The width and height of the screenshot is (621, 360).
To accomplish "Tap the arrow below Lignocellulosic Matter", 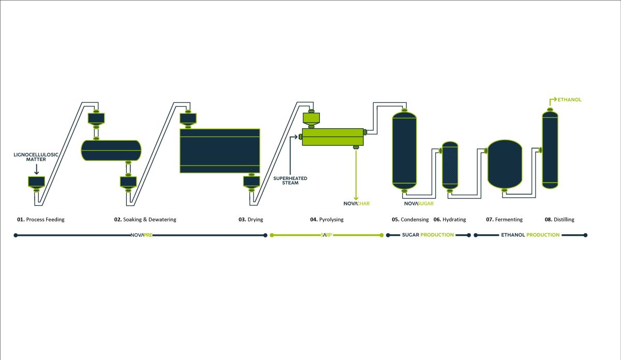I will pyautogui.click(x=36, y=169).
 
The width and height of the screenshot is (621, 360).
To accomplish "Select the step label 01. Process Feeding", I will pyautogui.click(x=40, y=220).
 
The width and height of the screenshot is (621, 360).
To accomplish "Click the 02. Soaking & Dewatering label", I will pyautogui.click(x=145, y=220).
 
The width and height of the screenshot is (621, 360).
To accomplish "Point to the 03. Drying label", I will pyautogui.click(x=250, y=220).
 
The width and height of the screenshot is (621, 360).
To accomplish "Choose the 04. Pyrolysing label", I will pyautogui.click(x=327, y=220).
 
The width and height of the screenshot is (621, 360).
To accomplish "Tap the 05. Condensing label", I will pyautogui.click(x=410, y=220).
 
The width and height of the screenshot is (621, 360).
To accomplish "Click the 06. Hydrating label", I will pyautogui.click(x=450, y=220).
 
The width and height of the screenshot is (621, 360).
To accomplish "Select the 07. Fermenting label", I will pyautogui.click(x=504, y=220).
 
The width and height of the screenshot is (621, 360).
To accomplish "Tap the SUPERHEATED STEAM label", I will pyautogui.click(x=290, y=181).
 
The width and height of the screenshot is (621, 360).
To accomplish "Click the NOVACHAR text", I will pyautogui.click(x=357, y=203).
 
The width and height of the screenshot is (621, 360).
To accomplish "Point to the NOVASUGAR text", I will pyautogui.click(x=418, y=203).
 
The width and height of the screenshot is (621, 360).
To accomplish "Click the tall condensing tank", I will pyautogui.click(x=404, y=150).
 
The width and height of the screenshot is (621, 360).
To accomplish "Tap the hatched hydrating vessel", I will pyautogui.click(x=450, y=164).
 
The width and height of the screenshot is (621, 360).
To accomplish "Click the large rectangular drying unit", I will pyautogui.click(x=219, y=151).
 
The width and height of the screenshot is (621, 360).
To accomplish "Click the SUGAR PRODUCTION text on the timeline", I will pyautogui.click(x=427, y=235).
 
